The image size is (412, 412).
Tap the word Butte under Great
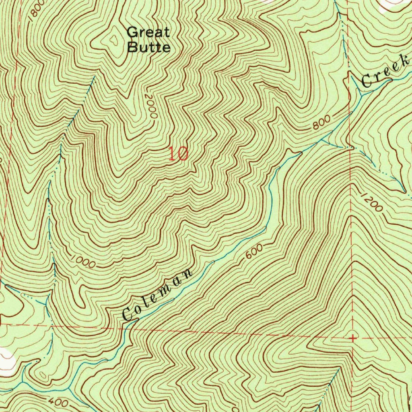pos(148,47)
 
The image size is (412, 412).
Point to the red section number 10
pos(178,154)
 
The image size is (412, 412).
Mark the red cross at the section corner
pos(352,338)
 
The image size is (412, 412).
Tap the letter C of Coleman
pos(128,315)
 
